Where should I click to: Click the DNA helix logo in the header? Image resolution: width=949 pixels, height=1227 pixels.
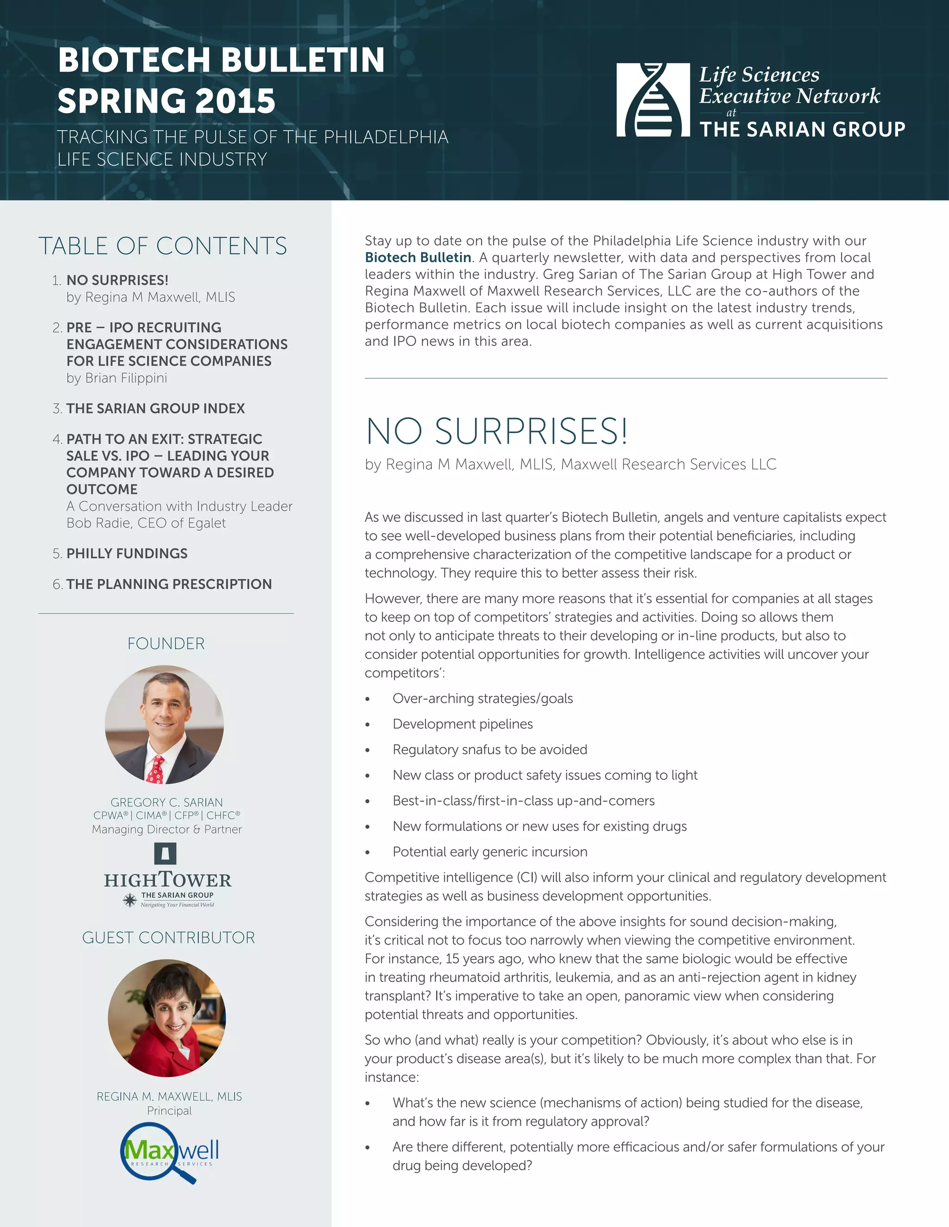click(x=653, y=100)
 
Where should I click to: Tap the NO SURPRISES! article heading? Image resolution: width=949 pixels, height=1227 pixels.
click(x=496, y=432)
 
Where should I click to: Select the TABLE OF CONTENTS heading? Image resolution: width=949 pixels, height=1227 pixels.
click(x=163, y=246)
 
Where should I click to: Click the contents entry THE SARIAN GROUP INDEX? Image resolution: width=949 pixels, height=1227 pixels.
click(x=155, y=408)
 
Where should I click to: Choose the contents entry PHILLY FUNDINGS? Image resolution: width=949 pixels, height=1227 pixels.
click(x=127, y=553)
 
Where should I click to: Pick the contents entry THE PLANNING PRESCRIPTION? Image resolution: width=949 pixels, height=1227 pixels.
click(x=169, y=584)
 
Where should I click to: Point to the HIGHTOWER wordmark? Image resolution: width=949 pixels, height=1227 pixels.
click(x=168, y=880)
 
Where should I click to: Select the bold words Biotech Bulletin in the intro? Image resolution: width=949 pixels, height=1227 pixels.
click(x=418, y=257)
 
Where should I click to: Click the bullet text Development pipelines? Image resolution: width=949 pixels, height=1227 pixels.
click(x=463, y=724)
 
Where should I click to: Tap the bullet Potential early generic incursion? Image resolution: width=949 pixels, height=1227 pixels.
click(x=490, y=851)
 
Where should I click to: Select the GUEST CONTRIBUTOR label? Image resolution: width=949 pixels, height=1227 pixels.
click(x=168, y=938)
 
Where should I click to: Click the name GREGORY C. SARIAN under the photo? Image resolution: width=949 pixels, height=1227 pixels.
click(x=166, y=802)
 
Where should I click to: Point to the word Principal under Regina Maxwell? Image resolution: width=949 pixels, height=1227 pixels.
click(x=169, y=1111)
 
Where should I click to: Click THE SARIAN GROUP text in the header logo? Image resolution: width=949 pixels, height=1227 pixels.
click(x=802, y=130)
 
